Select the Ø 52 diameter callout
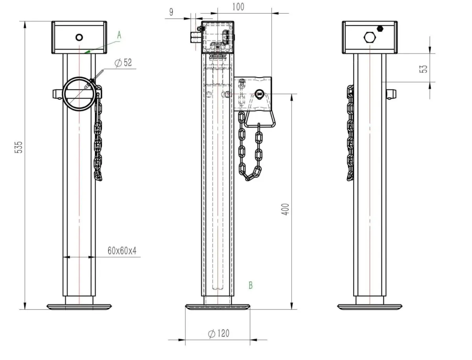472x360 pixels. click(x=123, y=63)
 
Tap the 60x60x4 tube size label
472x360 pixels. click(x=122, y=251)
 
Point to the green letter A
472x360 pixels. click(x=119, y=35)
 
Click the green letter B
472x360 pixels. click(x=250, y=285)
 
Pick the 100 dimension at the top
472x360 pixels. click(x=238, y=7)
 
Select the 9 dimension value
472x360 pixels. click(x=171, y=12)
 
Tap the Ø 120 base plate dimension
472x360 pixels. click(x=218, y=334)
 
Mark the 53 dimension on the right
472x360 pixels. click(x=423, y=68)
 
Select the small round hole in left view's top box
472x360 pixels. click(x=79, y=37)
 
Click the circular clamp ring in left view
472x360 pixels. click(x=79, y=94)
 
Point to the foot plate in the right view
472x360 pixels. click(x=370, y=306)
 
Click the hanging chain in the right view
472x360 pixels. click(x=350, y=134)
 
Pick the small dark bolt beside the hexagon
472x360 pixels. click(x=380, y=28)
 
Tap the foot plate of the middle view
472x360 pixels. click(x=218, y=307)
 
